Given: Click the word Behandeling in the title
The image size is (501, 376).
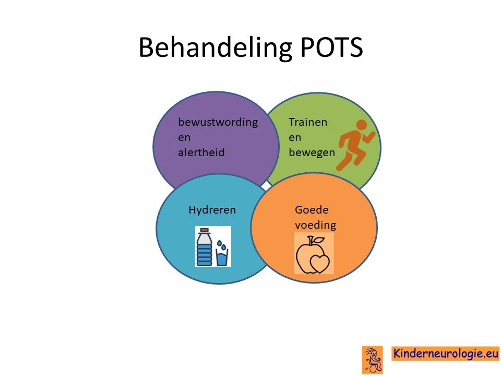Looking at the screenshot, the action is (215, 48).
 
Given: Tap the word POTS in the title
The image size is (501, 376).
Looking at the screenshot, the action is (332, 48).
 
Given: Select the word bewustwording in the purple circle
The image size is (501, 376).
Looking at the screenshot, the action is (218, 122).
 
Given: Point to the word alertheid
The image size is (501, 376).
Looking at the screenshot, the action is (201, 152).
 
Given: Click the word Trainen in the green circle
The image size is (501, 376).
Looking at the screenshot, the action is (308, 122).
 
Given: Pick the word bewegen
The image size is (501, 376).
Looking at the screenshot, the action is (312, 152).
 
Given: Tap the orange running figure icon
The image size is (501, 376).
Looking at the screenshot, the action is (355, 145).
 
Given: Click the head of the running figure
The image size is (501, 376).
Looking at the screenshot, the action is (362, 125).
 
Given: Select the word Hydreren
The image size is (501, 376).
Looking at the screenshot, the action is (212, 210).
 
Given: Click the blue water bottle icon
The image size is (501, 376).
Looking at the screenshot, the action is (204, 246).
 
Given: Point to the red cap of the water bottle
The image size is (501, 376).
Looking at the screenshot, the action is (204, 230).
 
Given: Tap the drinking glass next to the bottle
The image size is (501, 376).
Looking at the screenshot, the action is (222, 257).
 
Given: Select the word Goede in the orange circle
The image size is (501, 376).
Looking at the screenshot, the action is (312, 210).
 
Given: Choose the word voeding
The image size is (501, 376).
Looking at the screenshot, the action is (315, 225).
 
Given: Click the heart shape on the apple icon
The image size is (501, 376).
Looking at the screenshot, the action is (319, 263).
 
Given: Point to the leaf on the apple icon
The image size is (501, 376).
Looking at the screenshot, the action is (318, 240).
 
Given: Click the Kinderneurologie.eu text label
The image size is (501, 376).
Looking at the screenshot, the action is (445, 354).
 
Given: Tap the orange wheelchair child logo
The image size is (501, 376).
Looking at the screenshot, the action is (372, 360).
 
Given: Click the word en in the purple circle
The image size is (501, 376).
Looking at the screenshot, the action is (184, 138).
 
